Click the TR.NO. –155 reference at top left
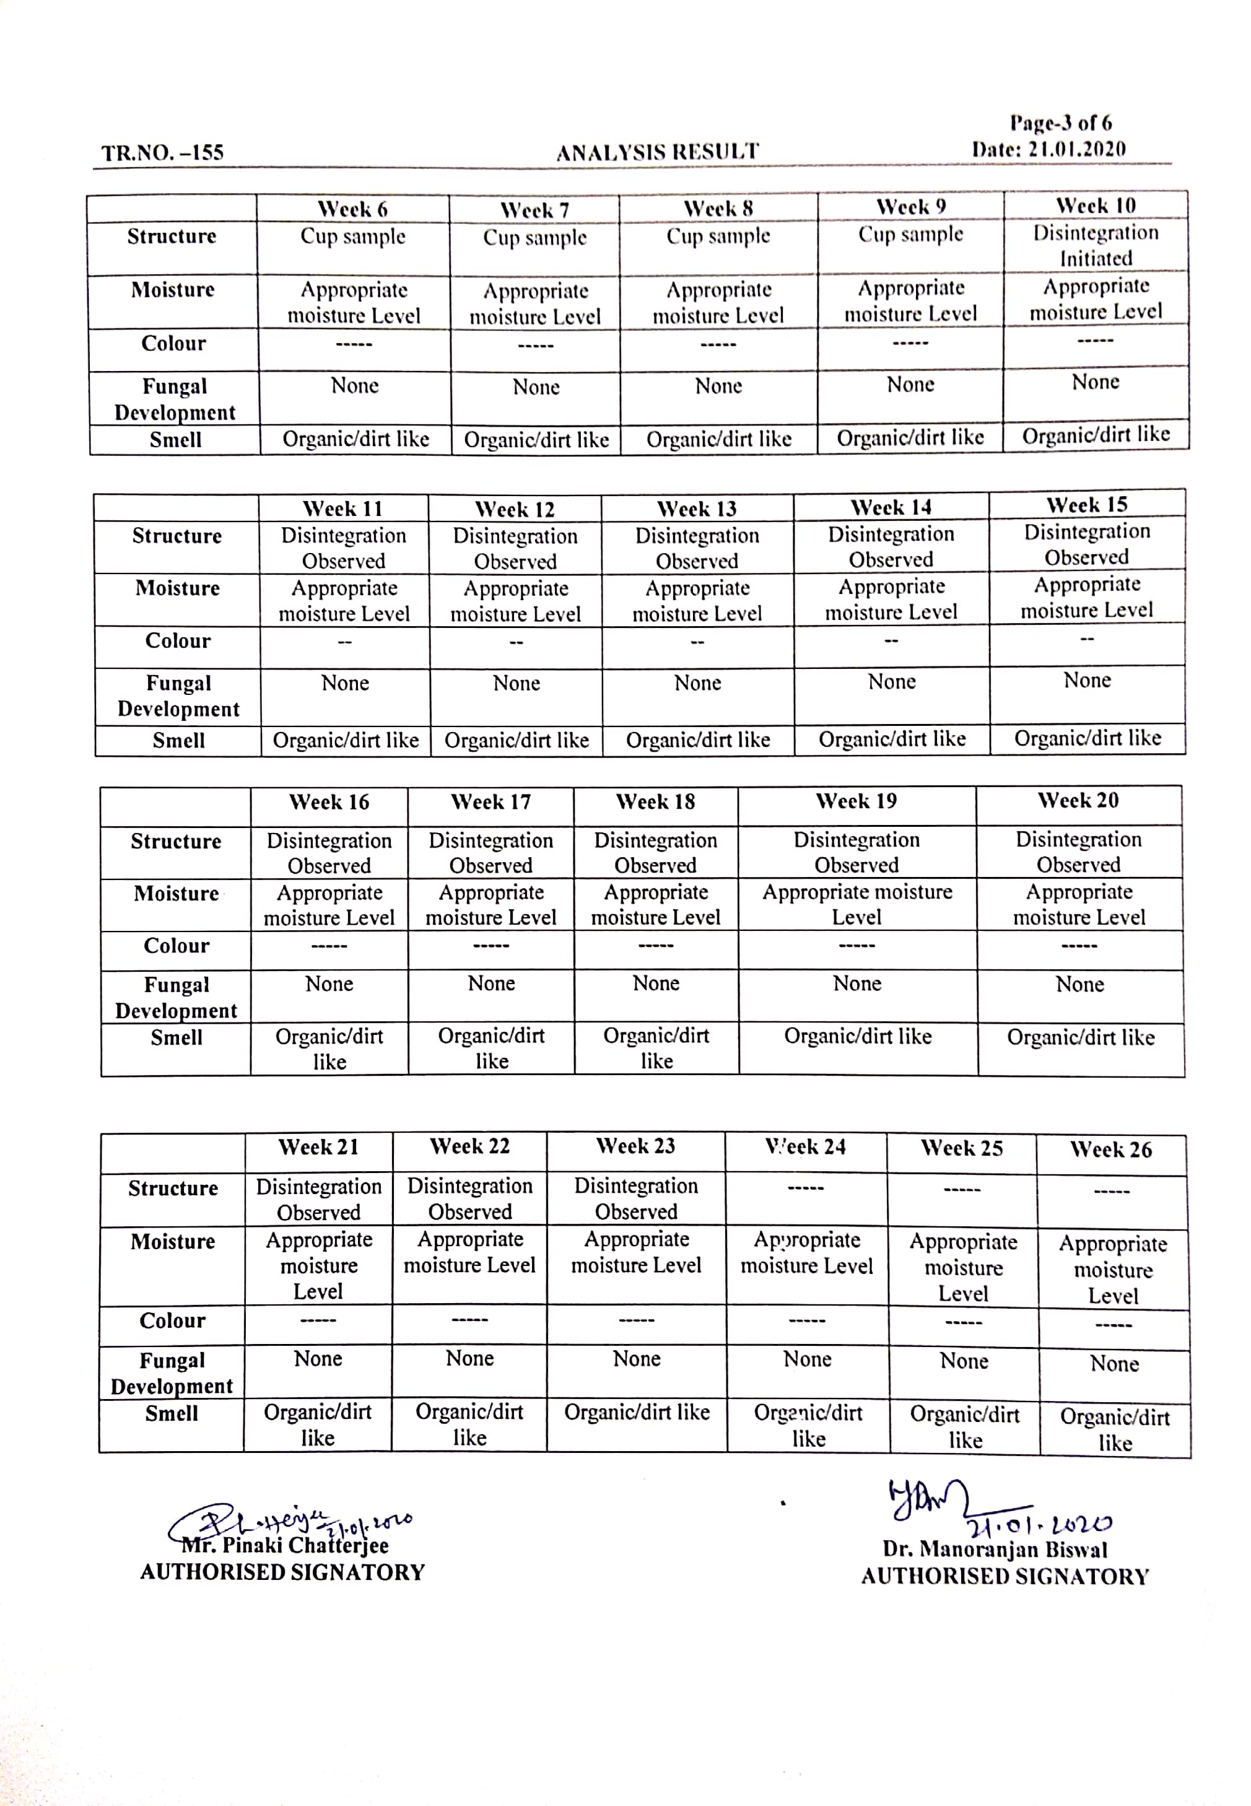[163, 152]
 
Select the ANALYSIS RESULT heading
[658, 151]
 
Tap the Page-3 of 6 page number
[1060, 123]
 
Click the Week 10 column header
[1095, 206]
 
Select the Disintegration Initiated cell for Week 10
[1095, 245]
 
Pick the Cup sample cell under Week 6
[353, 237]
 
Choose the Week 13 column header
[697, 508]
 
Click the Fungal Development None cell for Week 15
[1086, 681]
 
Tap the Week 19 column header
[856, 801]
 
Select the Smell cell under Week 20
[1080, 1038]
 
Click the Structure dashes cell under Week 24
[806, 1189]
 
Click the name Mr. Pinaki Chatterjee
[286, 1546]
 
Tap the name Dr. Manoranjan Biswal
[995, 1550]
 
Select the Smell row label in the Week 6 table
[176, 440]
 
